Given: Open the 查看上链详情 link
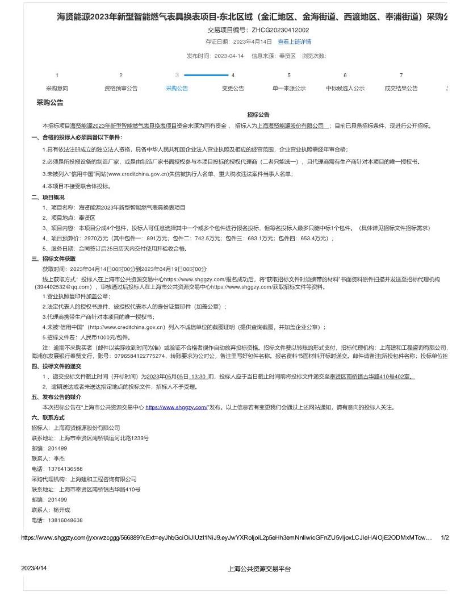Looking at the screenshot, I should coord(294,42).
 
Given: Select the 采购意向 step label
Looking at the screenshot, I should coord(57,89).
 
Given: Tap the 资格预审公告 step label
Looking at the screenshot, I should coord(120,89).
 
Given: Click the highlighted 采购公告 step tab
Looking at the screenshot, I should coord(177,89).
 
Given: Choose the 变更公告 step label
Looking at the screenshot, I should coord(233,89).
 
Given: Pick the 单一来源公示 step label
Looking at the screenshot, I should coord(288,89).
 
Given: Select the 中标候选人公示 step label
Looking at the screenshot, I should coord(345,89).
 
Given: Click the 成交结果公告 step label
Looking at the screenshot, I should coord(401,89).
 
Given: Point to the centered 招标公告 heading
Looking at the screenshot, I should coord(258,115).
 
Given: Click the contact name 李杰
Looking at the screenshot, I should coord(59,458).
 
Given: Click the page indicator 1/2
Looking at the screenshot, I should coord(445,537).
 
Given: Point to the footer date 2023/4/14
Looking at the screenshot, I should coord(34,569).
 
